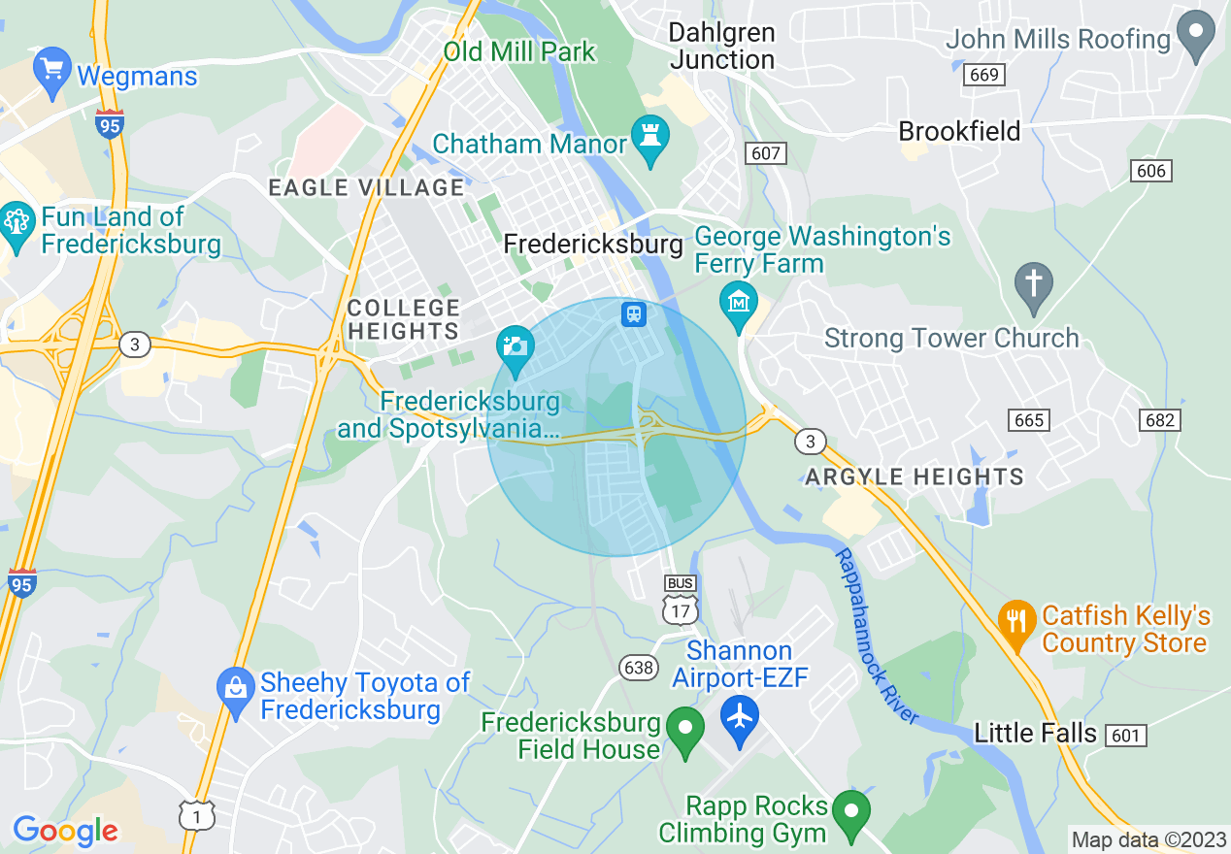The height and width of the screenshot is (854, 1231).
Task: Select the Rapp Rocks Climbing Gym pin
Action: coord(852,811)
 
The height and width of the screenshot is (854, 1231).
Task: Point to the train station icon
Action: coord(633,313)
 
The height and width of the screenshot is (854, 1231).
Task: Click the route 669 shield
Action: coord(984,75)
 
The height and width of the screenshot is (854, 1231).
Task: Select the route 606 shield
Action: coord(1151,171)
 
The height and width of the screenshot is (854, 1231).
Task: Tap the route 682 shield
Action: coord(1160,420)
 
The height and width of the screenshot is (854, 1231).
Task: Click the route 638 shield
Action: coord(637,667)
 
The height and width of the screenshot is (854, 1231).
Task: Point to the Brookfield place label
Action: coord(959,131)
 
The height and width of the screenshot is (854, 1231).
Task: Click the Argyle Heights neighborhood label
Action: coord(915,476)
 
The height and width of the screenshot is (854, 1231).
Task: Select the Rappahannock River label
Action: coord(876,636)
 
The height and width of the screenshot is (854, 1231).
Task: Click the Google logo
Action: coord(65,831)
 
